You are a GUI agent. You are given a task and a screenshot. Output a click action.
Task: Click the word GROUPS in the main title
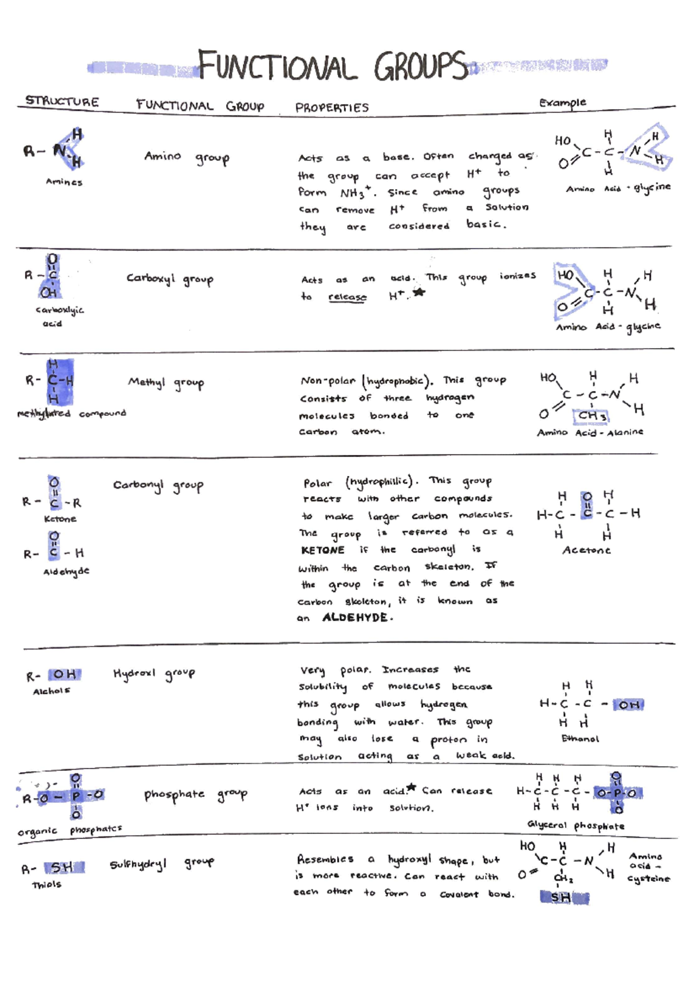(x=421, y=67)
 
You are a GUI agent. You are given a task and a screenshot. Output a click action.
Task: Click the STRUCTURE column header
(x=62, y=101)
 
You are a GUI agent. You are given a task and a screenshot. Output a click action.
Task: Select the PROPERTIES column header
(x=332, y=108)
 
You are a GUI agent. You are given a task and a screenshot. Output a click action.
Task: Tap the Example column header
(x=562, y=103)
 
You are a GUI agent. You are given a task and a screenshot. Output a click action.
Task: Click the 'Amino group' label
(x=186, y=157)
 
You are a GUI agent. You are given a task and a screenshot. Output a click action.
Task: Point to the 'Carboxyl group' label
(x=170, y=279)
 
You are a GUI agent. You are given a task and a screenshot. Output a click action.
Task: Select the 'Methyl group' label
(x=166, y=382)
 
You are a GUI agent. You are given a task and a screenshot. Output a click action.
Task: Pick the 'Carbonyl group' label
(x=158, y=485)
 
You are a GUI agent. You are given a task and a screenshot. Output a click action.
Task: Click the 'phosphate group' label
(x=195, y=795)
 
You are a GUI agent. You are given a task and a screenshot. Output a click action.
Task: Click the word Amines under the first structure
(x=64, y=182)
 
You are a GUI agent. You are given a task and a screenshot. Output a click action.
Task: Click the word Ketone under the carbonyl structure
(x=60, y=519)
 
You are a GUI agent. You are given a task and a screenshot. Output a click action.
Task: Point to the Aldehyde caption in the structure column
(x=67, y=571)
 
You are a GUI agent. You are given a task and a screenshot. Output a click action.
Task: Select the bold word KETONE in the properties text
(x=323, y=550)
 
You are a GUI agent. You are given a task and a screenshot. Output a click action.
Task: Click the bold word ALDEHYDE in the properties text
(x=355, y=618)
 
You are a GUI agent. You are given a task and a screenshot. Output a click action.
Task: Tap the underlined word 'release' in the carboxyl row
(x=347, y=297)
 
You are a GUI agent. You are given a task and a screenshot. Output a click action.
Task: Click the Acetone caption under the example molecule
(x=586, y=550)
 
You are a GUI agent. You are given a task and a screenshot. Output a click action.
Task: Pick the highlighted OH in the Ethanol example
(x=629, y=704)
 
